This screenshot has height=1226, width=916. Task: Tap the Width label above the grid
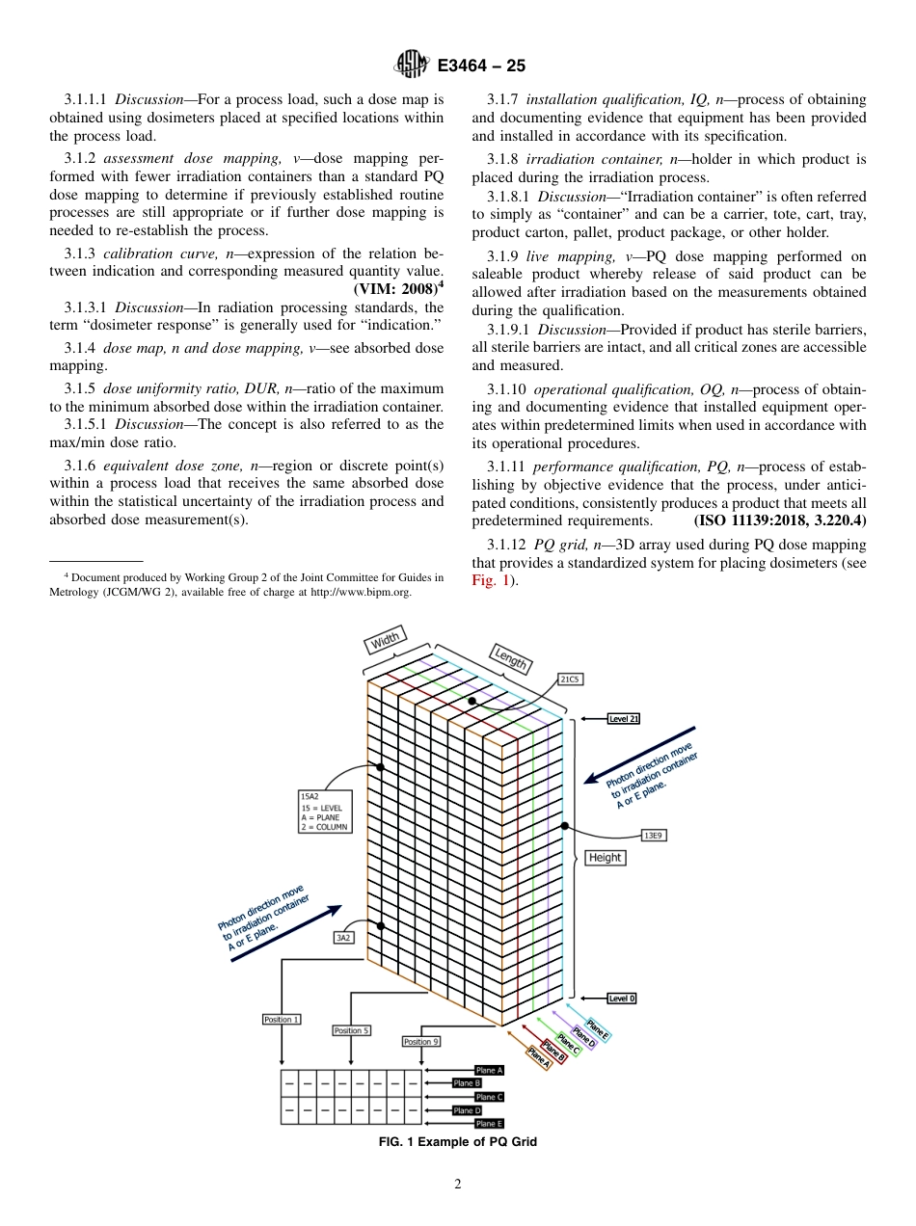[384, 641]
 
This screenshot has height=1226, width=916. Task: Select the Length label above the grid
[510, 658]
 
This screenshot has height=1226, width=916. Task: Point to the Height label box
[605, 857]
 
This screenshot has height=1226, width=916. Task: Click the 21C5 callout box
[570, 680]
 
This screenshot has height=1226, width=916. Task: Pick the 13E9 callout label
[653, 835]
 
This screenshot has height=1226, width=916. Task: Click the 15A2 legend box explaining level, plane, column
[325, 812]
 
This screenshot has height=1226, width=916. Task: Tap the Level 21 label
[623, 718]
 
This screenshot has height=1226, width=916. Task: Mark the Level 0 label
[622, 999]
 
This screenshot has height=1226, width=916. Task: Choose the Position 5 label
[351, 1030]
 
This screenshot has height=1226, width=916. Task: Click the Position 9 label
[421, 1042]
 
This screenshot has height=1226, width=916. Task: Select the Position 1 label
[281, 1019]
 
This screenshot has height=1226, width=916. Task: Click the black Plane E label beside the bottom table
[489, 1124]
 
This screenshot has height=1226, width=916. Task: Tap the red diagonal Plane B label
[553, 1050]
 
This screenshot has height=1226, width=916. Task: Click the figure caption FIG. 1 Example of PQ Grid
[457, 1142]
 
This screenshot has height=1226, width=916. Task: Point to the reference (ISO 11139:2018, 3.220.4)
[780, 520]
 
